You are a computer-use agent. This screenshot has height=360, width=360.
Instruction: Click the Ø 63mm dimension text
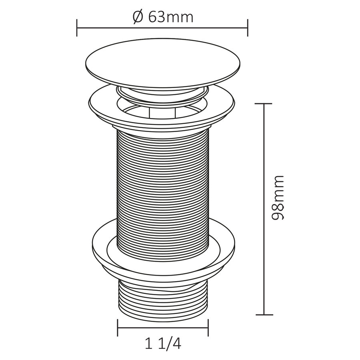tap(162, 17)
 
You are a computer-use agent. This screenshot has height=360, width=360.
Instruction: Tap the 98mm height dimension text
tap(277, 197)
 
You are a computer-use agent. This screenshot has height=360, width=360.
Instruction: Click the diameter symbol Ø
tap(137, 17)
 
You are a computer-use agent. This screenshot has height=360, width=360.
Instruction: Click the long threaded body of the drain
tap(163, 188)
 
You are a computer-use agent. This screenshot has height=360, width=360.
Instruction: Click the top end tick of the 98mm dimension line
tap(263, 104)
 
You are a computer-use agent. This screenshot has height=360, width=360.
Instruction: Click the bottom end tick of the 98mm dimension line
tap(263, 315)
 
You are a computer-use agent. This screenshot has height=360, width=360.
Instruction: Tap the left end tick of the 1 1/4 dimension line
tap(118, 328)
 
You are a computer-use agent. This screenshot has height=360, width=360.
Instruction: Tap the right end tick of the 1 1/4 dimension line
tap(209, 328)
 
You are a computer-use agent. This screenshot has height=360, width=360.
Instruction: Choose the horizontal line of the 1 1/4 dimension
tap(163, 328)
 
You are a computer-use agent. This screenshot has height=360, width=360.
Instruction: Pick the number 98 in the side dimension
tap(277, 210)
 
